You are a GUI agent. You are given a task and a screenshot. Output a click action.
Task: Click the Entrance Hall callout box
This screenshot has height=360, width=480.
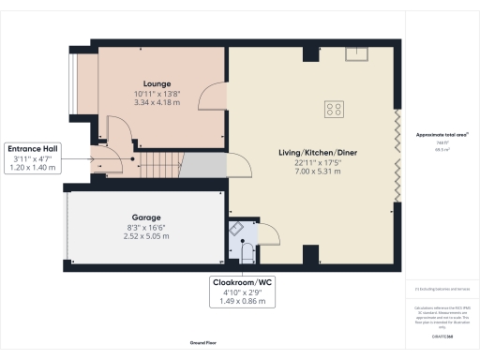tap(33, 157)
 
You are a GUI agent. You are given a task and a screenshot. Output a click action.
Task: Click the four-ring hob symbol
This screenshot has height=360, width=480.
tap(333, 110)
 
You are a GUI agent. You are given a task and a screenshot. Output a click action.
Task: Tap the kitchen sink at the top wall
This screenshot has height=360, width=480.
tap(355, 52)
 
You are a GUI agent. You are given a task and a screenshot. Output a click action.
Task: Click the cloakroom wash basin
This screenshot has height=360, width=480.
tap(235, 228)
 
